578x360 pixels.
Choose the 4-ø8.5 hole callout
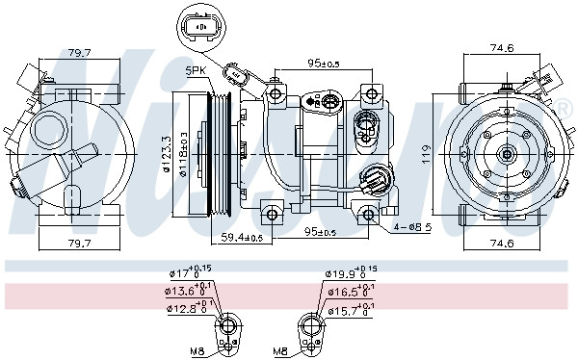pyautogui.click(x=413, y=228)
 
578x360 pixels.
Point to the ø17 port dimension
pyautogui.click(x=186, y=273)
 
